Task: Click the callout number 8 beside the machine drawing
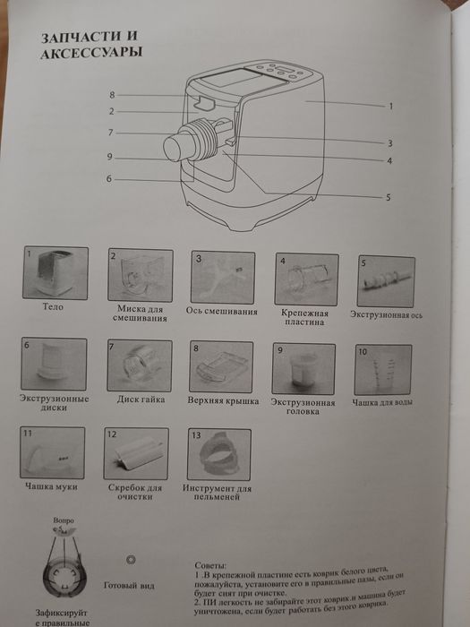pyautogui.click(x=113, y=94)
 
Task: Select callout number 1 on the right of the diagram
pyautogui.click(x=391, y=106)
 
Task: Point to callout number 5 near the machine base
pyautogui.click(x=388, y=196)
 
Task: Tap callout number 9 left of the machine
pyautogui.click(x=108, y=157)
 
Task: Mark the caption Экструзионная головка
pyautogui.click(x=304, y=407)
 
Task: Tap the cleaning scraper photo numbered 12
pyautogui.click(x=137, y=453)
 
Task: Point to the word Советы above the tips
pyautogui.click(x=213, y=568)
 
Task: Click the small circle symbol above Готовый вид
pyautogui.click(x=132, y=558)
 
